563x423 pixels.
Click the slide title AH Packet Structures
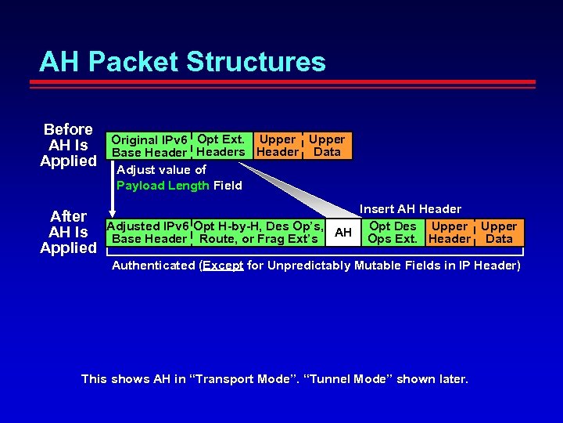tap(182, 61)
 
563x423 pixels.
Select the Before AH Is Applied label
tap(68, 145)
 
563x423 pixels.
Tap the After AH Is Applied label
tap(68, 232)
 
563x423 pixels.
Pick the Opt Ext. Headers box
tap(221, 146)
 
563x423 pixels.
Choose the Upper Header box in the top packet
tap(278, 146)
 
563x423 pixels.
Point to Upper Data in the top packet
tap(327, 146)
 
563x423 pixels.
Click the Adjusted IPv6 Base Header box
tap(149, 233)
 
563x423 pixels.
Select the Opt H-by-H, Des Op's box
tap(259, 233)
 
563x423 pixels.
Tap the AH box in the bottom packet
tap(342, 233)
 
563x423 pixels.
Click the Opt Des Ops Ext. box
tap(393, 233)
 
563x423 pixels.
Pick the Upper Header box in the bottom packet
tap(450, 233)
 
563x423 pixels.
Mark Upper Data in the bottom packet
tap(499, 233)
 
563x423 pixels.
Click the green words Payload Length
tap(163, 186)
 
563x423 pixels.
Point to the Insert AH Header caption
tap(410, 209)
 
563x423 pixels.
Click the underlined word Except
tap(223, 266)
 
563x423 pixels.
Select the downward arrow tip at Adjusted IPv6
tap(113, 213)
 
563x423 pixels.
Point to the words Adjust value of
tap(161, 170)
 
